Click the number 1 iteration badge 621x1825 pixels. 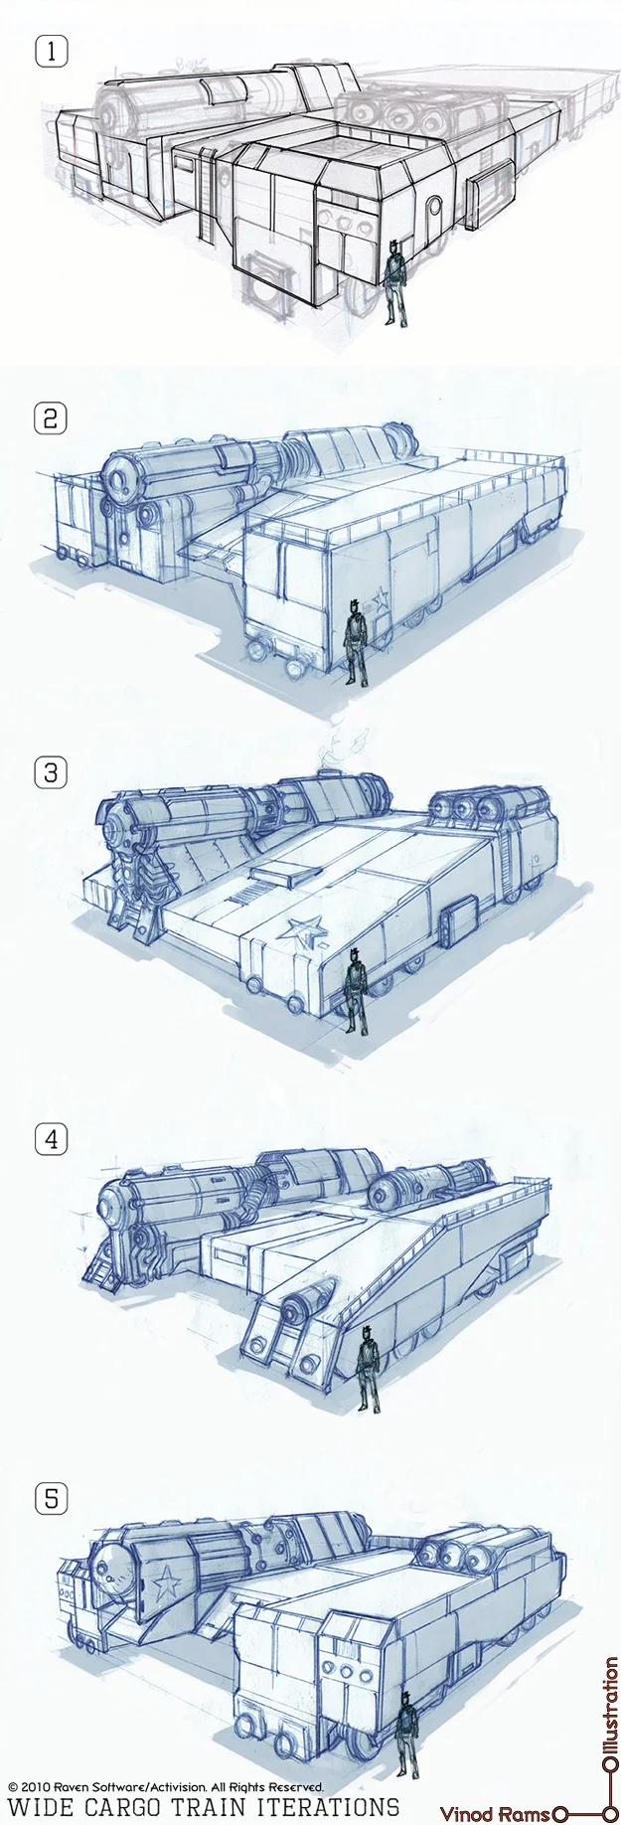click(x=51, y=51)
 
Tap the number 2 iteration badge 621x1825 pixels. click(x=51, y=417)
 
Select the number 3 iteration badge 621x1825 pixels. click(x=51, y=771)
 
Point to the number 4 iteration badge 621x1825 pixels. click(x=51, y=1139)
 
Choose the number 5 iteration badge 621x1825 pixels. click(x=51, y=1498)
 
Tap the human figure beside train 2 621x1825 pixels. click(x=356, y=641)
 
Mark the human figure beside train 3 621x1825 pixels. click(x=355, y=994)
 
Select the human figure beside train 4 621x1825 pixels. click(x=369, y=1368)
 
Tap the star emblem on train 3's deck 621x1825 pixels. click(x=301, y=932)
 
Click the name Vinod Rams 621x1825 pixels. click(x=494, y=1814)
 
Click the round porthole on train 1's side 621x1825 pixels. click(x=433, y=208)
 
